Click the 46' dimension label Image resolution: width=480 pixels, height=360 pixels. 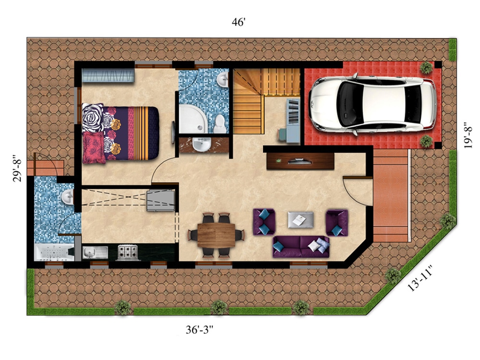click(x=239, y=22)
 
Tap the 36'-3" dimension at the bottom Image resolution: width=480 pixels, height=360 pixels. click(x=199, y=330)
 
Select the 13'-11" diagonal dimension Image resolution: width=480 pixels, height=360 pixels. click(x=420, y=278)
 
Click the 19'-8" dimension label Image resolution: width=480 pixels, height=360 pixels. click(x=468, y=136)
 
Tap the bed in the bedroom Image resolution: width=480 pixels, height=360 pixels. click(x=120, y=133)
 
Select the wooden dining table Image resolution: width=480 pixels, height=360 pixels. click(x=216, y=235)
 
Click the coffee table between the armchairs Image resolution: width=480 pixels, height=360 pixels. click(x=300, y=219)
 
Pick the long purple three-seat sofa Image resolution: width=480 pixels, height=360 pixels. click(x=301, y=246)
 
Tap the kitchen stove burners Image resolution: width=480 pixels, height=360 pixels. click(x=128, y=252)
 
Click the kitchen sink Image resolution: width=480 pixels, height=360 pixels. click(x=95, y=252)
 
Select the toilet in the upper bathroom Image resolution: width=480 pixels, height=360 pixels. click(x=219, y=124)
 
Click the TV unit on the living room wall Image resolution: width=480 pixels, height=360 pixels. click(x=300, y=161)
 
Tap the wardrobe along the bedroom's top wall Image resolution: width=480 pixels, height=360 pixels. click(x=108, y=75)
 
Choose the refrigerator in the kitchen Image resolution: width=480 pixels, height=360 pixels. click(x=160, y=201)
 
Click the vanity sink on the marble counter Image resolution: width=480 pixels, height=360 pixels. click(x=202, y=144)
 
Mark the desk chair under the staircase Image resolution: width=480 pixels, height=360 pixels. click(x=283, y=135)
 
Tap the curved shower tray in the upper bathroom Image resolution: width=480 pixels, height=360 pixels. click(x=192, y=119)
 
